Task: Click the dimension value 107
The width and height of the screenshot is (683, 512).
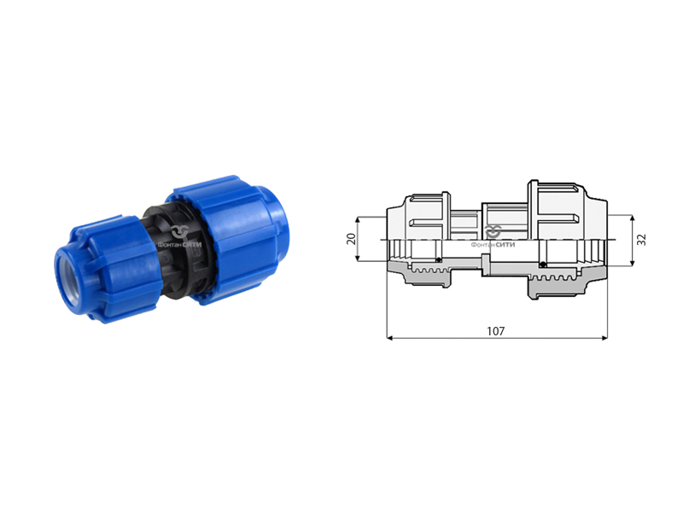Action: click(x=496, y=331)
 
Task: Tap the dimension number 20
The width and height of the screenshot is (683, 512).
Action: click(x=351, y=239)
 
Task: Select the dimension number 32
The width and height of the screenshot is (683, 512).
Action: click(x=642, y=240)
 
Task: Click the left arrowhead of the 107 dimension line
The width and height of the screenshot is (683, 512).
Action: click(x=390, y=338)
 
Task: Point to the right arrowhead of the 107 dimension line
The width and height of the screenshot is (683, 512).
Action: click(x=604, y=338)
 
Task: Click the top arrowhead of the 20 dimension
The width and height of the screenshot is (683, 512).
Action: click(x=358, y=220)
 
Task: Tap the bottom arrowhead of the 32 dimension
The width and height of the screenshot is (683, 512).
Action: click(x=633, y=263)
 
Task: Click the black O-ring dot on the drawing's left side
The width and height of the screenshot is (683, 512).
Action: click(x=439, y=260)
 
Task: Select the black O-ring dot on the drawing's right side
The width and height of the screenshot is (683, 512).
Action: click(x=542, y=265)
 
